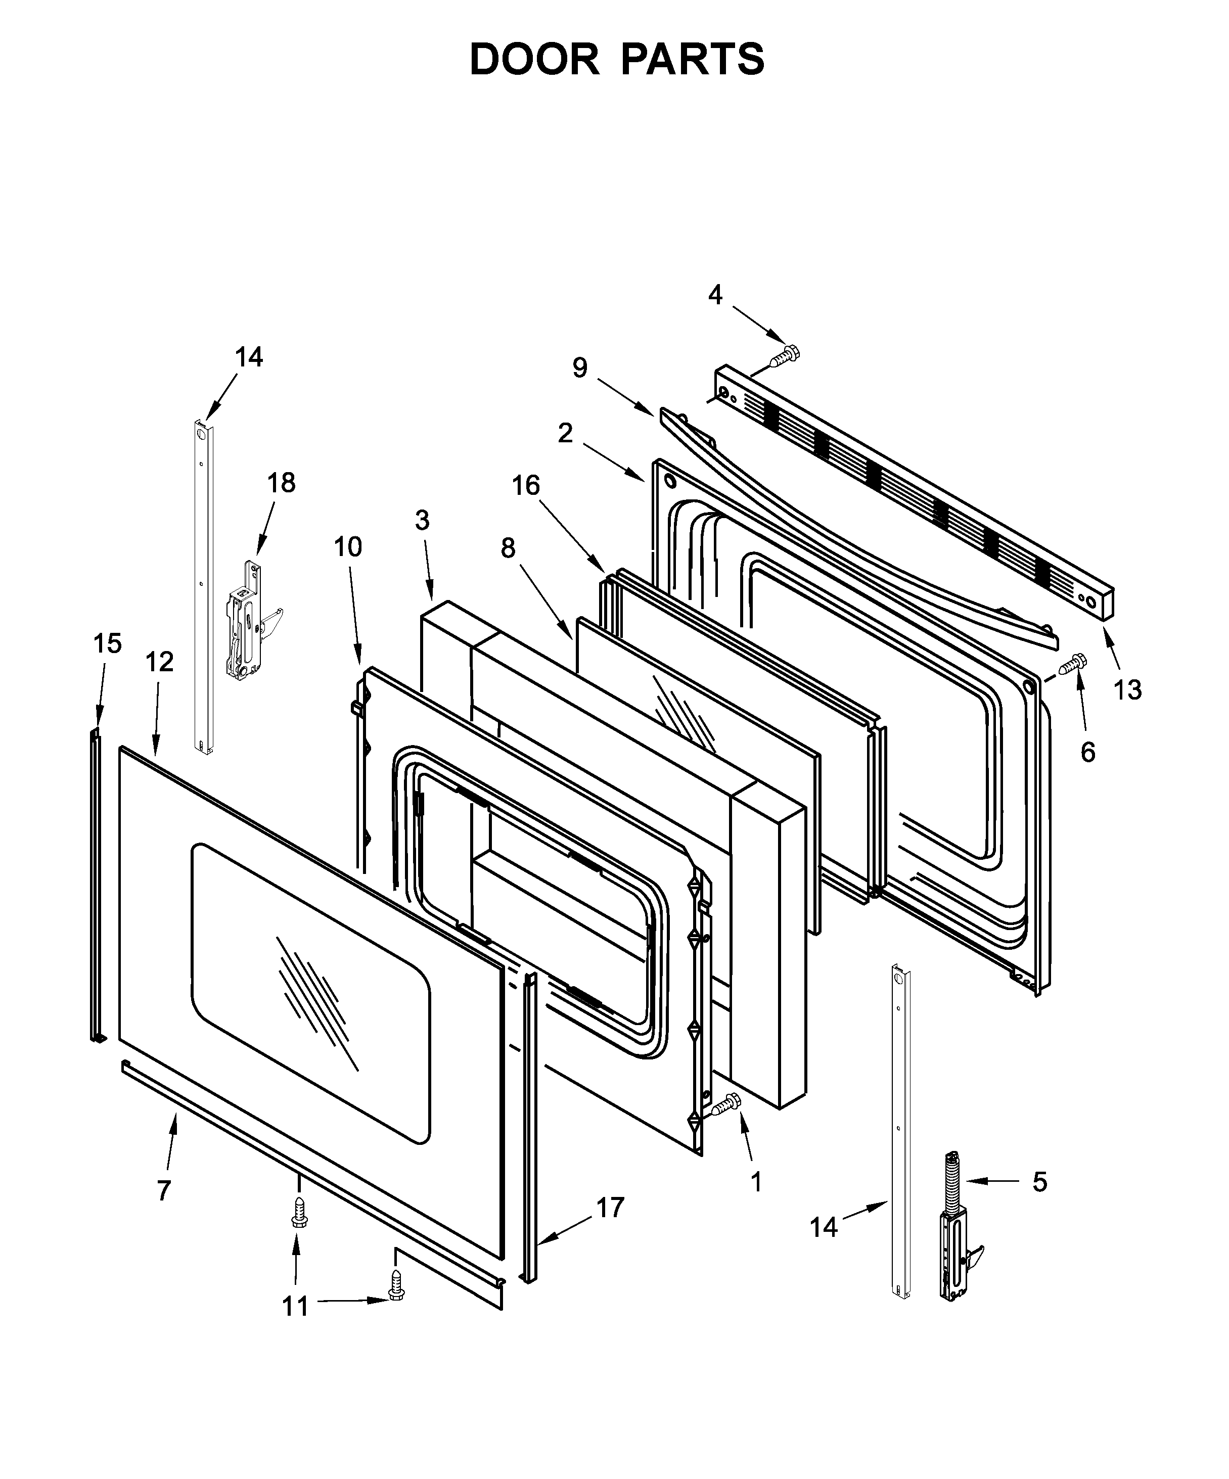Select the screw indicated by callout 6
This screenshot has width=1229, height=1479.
coord(1072,664)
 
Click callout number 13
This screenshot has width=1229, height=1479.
coord(1127,689)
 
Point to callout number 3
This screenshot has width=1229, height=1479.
coord(422,521)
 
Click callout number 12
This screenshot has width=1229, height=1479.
coord(160,662)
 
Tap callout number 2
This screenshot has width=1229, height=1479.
coord(565,433)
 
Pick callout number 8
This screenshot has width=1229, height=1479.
coord(508,548)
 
